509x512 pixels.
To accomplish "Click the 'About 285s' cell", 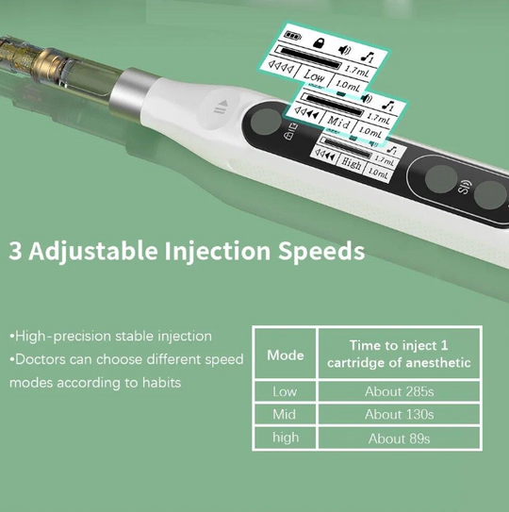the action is coord(399,391).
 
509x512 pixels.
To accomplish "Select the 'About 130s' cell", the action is coord(399,414).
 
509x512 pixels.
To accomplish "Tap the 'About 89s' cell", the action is coord(399,438).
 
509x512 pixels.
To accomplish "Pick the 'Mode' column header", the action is coord(285,355).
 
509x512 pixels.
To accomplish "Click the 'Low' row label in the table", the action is coord(285,391).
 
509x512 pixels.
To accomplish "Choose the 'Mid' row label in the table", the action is coord(284,414).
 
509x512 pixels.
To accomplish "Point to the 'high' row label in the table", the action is coord(286,438).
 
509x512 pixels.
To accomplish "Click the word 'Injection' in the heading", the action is coord(217,252).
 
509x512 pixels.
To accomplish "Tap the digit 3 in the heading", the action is coord(15,251).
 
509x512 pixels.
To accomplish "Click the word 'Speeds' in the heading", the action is coord(321,252).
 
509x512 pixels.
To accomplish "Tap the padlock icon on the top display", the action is coord(319,42).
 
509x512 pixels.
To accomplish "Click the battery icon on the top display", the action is coord(292,35).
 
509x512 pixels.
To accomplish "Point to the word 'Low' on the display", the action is coord(314,76).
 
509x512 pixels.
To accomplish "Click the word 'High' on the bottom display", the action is coord(351,163).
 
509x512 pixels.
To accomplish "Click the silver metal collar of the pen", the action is coord(132,93).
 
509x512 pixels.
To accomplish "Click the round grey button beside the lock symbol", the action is coord(266,122).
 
